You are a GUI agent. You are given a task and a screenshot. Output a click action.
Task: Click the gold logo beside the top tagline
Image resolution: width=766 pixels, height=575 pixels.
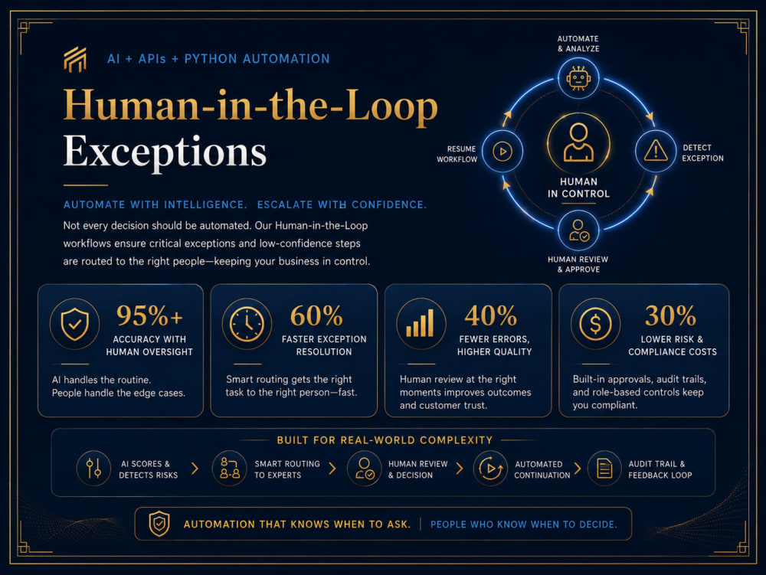[x=75, y=60]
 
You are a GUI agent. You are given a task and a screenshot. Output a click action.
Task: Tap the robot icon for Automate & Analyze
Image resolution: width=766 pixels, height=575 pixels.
[x=578, y=78]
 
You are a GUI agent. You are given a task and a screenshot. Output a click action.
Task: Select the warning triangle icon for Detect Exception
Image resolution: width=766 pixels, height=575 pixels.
[x=656, y=151]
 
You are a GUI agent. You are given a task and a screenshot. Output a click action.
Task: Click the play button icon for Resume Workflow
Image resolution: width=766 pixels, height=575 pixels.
[x=502, y=152]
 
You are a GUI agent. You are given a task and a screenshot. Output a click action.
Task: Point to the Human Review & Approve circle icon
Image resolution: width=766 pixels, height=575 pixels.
[x=578, y=230]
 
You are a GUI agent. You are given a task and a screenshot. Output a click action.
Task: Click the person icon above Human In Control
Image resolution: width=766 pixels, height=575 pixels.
[x=578, y=142]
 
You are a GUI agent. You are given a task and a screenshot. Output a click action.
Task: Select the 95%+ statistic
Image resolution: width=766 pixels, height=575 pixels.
[x=149, y=315]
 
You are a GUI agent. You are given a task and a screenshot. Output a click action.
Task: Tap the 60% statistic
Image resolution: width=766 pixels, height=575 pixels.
[x=316, y=315]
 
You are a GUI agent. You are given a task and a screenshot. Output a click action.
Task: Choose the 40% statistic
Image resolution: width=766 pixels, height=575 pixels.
[x=490, y=315]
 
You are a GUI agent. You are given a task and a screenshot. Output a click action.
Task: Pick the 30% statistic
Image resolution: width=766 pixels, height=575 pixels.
[x=670, y=315]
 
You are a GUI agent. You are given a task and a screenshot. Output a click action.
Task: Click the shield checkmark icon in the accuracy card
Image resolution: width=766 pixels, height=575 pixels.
[x=75, y=324]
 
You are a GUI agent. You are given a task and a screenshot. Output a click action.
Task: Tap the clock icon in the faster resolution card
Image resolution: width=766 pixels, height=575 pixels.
[x=247, y=324]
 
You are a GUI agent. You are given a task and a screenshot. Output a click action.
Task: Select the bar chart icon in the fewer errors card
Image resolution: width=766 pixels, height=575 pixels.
[x=420, y=323]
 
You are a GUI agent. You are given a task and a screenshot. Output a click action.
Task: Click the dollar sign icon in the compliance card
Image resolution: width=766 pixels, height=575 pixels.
[x=595, y=324]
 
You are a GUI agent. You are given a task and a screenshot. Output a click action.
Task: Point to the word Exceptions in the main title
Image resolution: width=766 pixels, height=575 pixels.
[x=165, y=152]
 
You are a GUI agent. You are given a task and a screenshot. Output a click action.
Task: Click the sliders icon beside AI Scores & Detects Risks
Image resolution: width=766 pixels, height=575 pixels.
[x=93, y=468]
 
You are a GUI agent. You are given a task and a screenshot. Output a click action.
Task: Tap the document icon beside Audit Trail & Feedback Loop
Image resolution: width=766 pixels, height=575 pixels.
[x=605, y=469]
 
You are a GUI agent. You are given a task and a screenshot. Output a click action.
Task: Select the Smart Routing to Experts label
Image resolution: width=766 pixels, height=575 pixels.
[x=287, y=469]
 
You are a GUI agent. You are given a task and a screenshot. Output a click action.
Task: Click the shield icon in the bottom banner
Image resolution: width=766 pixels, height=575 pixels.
[x=159, y=524]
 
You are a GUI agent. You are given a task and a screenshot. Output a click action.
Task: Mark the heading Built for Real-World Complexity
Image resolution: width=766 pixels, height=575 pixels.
[x=385, y=439]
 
